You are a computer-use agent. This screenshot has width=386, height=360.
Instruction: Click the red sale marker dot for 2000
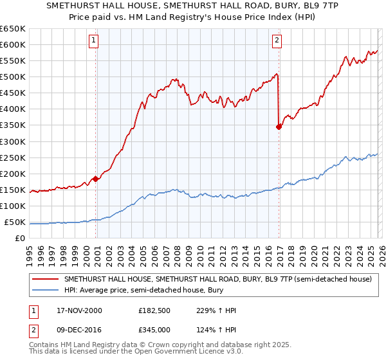click(96, 179)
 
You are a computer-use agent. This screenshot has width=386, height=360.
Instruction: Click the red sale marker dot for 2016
click(279, 127)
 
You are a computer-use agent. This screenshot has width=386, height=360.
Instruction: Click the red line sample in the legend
click(46, 280)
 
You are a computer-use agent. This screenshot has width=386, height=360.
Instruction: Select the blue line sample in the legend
click(46, 290)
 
